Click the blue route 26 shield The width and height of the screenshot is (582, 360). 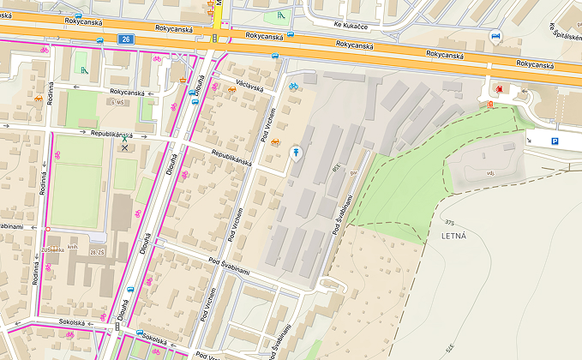pyautogui.click(x=126, y=39)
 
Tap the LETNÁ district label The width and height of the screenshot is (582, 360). pyautogui.click(x=453, y=235)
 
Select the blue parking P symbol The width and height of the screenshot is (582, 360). pyautogui.click(x=555, y=141)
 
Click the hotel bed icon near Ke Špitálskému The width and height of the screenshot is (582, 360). pyautogui.click(x=495, y=37)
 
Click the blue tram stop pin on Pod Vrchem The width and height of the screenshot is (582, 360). pyautogui.click(x=296, y=152)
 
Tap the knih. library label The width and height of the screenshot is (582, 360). pyautogui.click(x=74, y=246)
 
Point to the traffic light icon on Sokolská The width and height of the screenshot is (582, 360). pyautogui.click(x=117, y=327)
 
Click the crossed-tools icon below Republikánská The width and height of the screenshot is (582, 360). pyautogui.click(x=125, y=147)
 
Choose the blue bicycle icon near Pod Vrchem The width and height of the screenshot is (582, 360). pyautogui.click(x=293, y=86)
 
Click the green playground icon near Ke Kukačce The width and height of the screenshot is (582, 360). pyautogui.click(x=279, y=15)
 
